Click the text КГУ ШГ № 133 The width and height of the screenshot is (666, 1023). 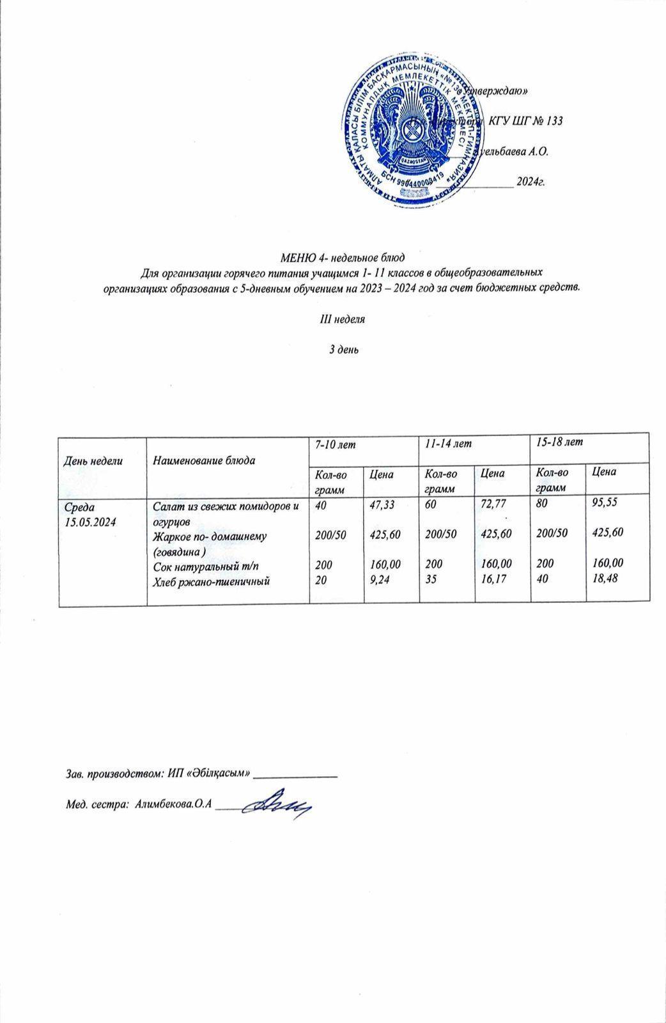[x=525, y=121]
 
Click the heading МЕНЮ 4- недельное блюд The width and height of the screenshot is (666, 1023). [x=343, y=259]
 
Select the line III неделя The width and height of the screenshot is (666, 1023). [x=343, y=319]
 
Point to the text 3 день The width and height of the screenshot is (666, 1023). [x=343, y=350]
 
